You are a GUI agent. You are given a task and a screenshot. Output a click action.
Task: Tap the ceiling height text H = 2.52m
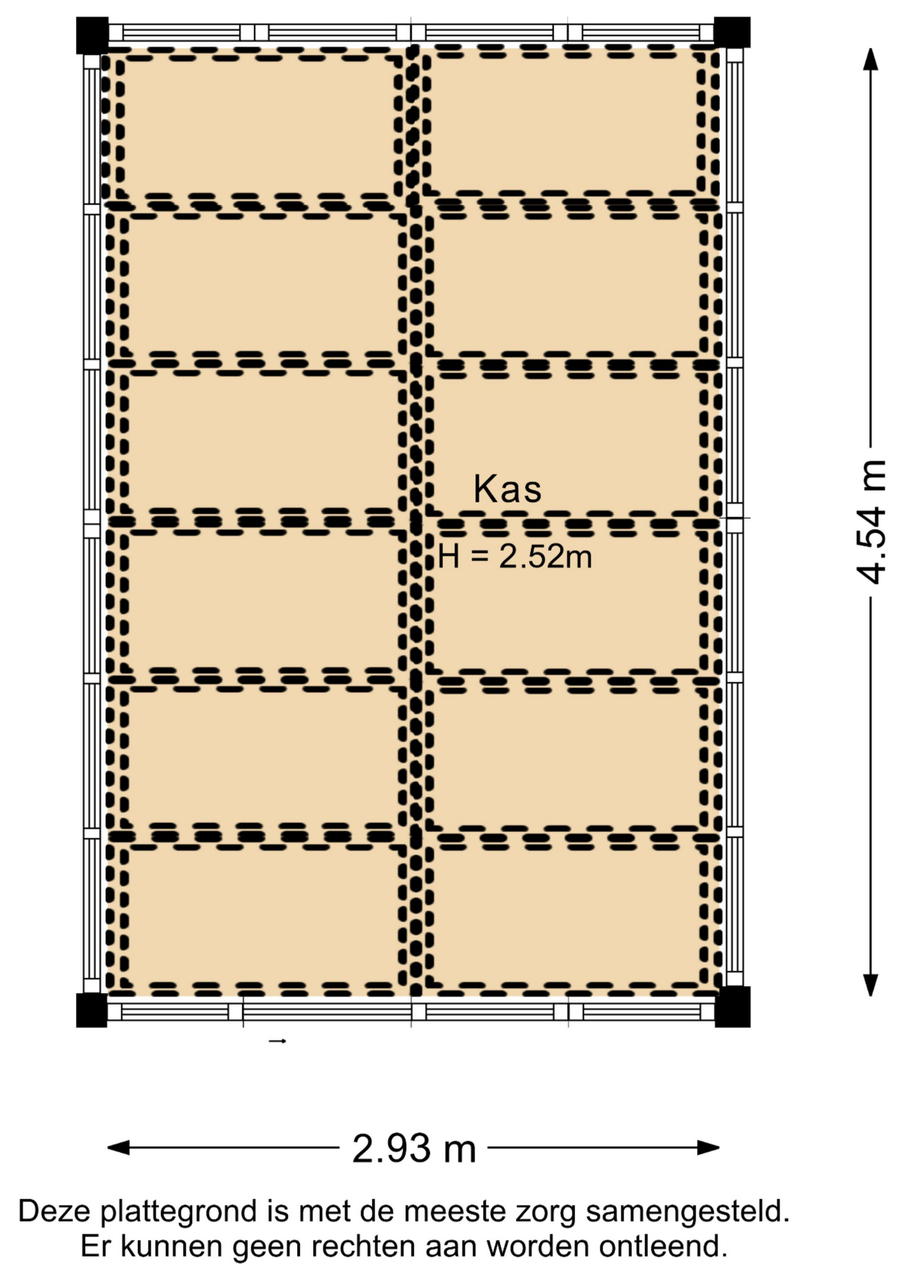point(515,555)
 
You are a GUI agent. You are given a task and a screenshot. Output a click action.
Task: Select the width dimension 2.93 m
point(414,1148)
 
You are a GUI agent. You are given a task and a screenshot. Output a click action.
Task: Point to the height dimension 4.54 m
point(872,522)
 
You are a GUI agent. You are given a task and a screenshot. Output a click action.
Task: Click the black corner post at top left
point(92,35)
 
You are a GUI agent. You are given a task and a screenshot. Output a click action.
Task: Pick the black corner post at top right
point(732,33)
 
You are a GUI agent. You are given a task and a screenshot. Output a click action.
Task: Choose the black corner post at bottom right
point(732,1007)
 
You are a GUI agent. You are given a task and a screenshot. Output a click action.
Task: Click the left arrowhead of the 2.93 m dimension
point(118,1147)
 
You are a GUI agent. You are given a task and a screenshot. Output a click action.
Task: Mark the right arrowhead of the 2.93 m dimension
point(708,1147)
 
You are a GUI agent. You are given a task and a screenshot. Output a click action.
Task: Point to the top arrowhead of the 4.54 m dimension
point(870,59)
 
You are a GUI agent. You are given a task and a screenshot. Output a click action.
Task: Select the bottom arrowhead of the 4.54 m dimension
point(870,985)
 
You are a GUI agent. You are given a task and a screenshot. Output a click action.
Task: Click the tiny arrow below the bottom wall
point(277,1041)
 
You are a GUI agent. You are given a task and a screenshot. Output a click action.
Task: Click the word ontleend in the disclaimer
point(662,1246)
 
